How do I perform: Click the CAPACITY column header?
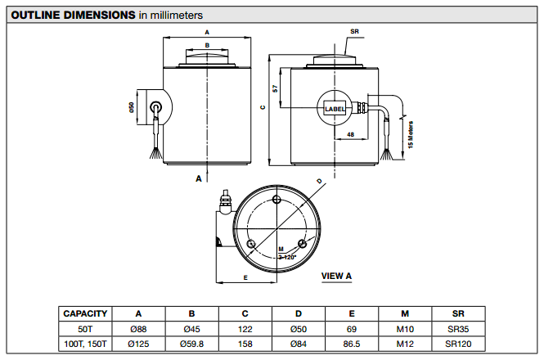85,313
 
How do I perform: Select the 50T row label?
85,328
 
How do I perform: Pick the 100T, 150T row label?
85,344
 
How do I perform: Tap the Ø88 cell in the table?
138,328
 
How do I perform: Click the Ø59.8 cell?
191,344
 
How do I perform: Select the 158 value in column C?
245,344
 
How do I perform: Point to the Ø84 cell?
299,344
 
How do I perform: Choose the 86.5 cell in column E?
352,344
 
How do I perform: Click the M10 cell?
405,328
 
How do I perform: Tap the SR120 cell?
458,344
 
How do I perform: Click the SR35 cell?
458,328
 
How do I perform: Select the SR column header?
458,313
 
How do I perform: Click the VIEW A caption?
336,276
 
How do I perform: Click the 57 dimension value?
276,88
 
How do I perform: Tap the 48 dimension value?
350,133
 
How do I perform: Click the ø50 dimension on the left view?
131,108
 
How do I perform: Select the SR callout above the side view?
354,32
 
